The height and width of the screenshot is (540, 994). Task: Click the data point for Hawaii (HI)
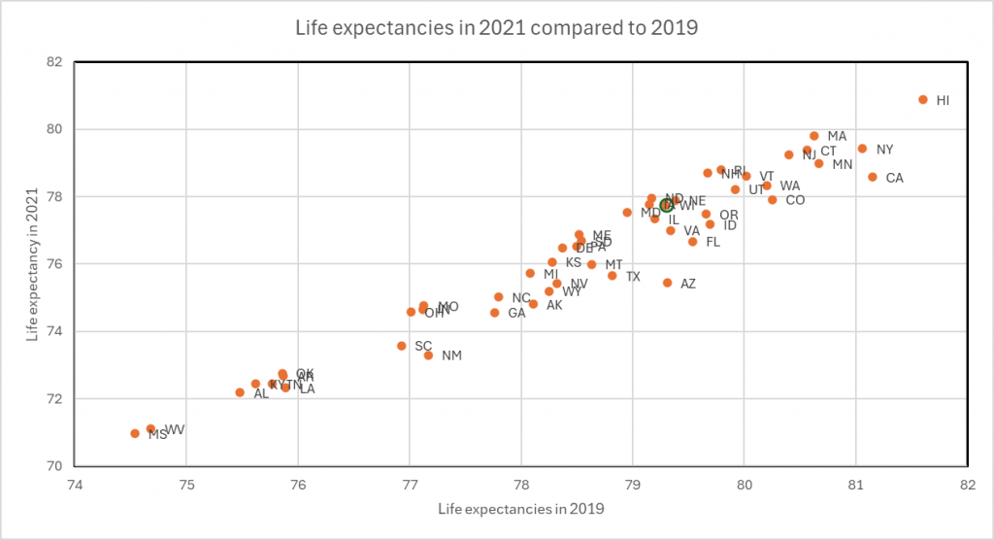[x=922, y=100]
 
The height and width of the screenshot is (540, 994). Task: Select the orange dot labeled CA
[x=872, y=177]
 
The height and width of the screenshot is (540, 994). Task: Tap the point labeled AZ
[x=667, y=283]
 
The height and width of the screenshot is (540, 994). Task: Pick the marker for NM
[x=428, y=355]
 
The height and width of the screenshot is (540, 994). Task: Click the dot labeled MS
[x=135, y=433]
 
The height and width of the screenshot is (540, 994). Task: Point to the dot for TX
[x=612, y=276]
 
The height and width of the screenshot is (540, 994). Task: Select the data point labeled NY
[x=862, y=149]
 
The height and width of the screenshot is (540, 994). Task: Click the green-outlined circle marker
[x=666, y=205]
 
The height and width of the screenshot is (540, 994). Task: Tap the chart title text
[x=496, y=27]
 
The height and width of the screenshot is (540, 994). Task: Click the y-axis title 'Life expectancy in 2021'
[x=34, y=264]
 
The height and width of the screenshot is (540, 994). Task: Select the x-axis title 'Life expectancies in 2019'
[x=521, y=509]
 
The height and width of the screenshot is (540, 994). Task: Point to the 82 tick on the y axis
[x=54, y=62]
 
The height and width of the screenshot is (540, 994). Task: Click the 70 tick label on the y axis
[x=54, y=466]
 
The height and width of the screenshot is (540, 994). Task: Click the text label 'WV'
[x=175, y=429]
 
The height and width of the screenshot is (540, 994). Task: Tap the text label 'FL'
[x=712, y=242]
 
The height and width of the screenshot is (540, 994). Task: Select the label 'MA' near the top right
[x=837, y=136]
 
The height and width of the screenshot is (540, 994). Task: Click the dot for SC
[x=402, y=346]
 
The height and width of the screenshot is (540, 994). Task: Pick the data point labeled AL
[x=240, y=392]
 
